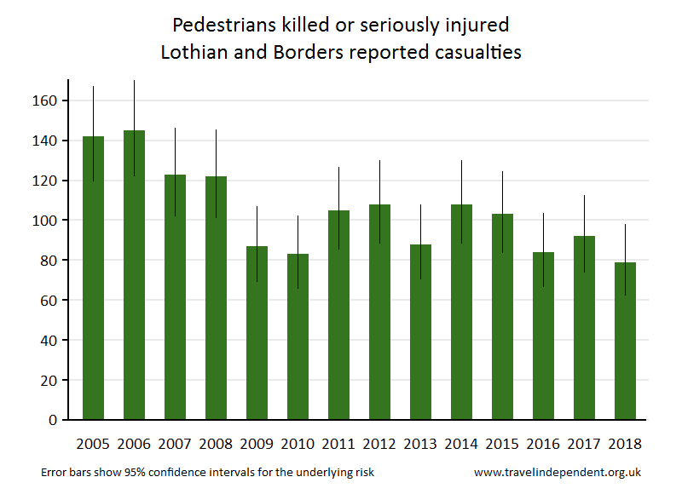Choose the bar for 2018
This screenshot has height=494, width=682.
[625, 341]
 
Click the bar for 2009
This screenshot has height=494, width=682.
[257, 332]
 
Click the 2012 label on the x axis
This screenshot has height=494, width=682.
[379, 444]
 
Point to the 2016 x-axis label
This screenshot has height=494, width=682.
[543, 444]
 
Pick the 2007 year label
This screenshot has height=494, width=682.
[175, 444]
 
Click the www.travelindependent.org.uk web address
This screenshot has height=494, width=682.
[558, 472]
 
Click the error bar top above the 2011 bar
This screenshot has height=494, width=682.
[338, 168]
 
